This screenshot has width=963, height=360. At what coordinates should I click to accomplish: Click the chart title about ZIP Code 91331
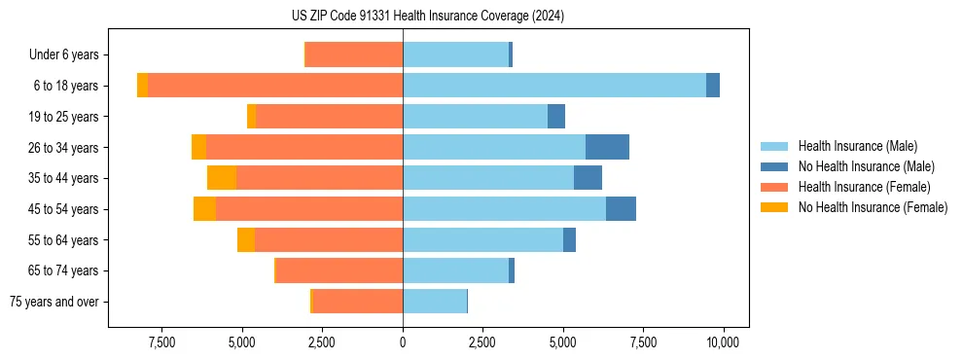click(427, 17)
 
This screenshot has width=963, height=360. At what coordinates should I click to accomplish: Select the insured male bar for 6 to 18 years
click(554, 86)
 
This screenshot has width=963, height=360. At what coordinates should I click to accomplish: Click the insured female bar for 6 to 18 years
click(275, 86)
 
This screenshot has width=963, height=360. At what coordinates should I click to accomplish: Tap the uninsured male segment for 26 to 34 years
click(607, 147)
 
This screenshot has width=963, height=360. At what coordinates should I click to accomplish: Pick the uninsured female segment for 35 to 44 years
click(222, 178)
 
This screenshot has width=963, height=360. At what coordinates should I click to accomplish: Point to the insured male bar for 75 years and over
click(435, 302)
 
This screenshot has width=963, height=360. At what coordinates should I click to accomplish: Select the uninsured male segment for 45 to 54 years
click(621, 209)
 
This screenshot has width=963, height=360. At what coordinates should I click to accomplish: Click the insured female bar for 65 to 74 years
click(339, 270)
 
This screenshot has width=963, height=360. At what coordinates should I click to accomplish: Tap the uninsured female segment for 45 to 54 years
click(204, 209)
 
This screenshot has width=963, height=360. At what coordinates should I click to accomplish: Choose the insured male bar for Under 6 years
click(455, 54)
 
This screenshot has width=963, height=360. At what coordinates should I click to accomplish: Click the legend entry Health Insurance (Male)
click(857, 146)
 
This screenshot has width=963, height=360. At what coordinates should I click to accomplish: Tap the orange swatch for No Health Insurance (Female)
click(775, 207)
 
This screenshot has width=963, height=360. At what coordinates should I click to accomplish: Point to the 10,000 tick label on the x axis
click(723, 342)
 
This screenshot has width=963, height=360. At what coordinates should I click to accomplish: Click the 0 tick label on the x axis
click(403, 342)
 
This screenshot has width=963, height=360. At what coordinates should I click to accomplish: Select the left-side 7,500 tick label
click(161, 342)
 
